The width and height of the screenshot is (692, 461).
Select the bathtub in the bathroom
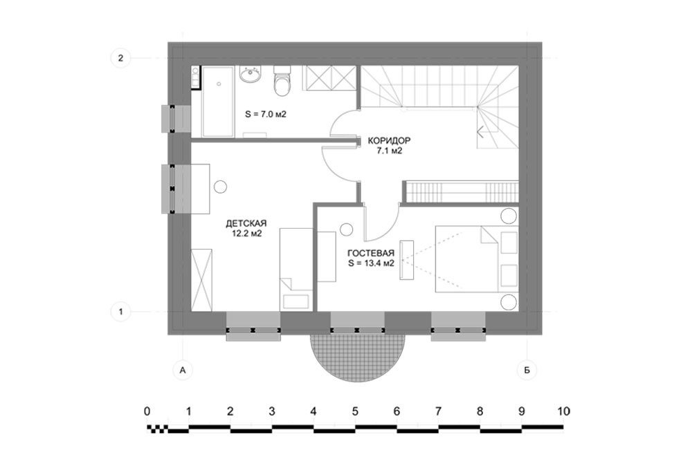tap(217, 102)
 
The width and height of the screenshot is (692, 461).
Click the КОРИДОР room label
tap(389, 141)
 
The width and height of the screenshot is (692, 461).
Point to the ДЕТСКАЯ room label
tap(246, 223)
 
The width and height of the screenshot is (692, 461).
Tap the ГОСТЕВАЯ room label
tap(371, 254)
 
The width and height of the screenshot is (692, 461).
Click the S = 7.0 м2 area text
tap(266, 114)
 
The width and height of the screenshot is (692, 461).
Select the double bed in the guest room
tap(477, 258)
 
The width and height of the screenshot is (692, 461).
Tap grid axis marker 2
tap(120, 58)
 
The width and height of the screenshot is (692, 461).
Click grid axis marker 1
tap(120, 312)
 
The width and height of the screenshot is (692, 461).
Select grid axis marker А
tap(183, 370)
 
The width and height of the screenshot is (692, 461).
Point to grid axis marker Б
tap(527, 370)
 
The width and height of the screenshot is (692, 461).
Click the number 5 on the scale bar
tap(355, 412)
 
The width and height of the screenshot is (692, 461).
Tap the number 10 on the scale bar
tap(563, 412)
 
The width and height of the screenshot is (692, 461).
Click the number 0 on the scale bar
tap(147, 412)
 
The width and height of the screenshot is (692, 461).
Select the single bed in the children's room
tap(296, 270)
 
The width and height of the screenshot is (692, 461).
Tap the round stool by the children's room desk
tap(220, 187)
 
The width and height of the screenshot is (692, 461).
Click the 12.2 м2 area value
tap(247, 234)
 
